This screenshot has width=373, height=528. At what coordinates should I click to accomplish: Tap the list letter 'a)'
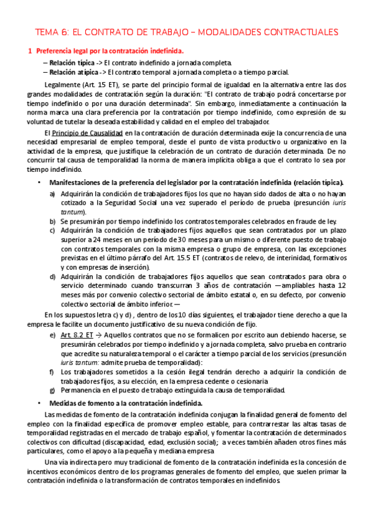pyautogui.click(x=52, y=194)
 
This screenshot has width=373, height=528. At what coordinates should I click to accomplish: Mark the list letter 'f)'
pyautogui.click(x=52, y=372)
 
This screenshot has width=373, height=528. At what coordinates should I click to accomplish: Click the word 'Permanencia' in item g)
pyautogui.click(x=82, y=390)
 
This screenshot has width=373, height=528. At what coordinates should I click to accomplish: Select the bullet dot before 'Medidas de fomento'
pyautogui.click(x=39, y=403)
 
